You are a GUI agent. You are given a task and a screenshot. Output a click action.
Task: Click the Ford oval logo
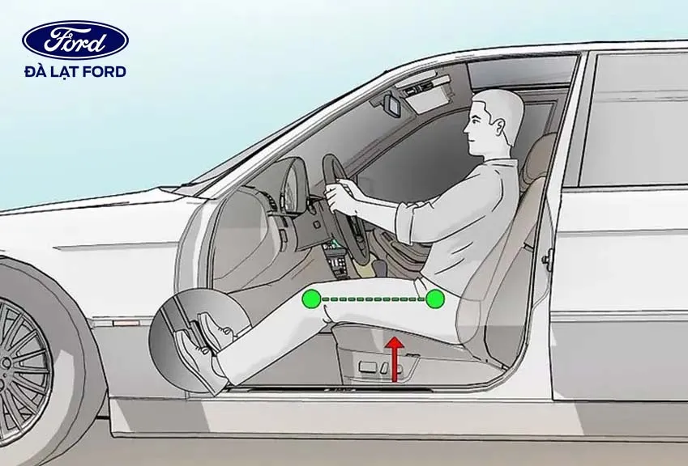pos(75,40)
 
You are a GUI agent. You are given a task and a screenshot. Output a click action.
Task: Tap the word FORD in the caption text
pos(105,72)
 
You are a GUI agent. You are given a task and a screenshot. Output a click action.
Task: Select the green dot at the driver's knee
pos(310,299)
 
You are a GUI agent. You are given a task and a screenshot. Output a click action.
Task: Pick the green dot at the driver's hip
pos(435,299)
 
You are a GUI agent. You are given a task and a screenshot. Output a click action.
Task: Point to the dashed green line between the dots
pos(373,299)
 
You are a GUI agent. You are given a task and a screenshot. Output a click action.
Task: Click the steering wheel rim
pos(332,174)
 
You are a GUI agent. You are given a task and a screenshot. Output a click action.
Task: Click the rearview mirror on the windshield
pos(391,104)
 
